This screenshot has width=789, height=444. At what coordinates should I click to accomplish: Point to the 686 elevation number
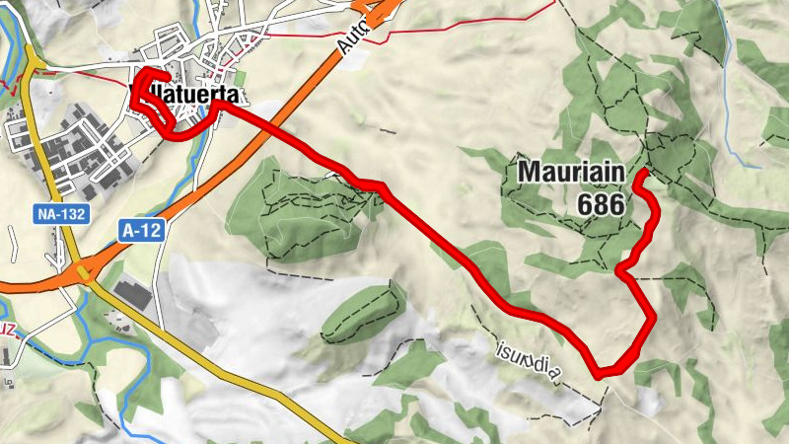click(x=603, y=205)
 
